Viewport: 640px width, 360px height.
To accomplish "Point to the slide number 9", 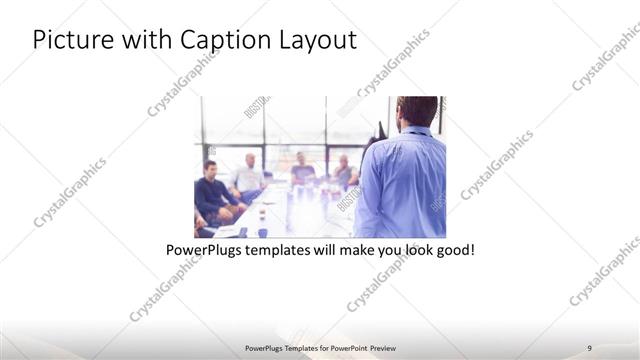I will coord(590,347).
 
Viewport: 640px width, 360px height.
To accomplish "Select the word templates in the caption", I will coord(288,249).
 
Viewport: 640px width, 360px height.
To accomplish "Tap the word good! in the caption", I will coord(452,249).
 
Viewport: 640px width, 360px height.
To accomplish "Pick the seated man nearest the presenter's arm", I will coord(345,172).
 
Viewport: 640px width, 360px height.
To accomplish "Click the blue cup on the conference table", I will coord(262,232).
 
